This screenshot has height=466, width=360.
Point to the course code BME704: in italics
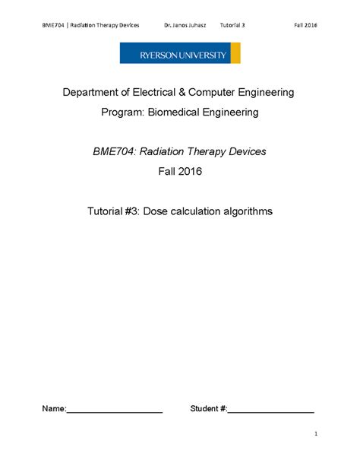pyautogui.click(x=115, y=151)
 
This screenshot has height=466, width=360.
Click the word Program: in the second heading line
pyautogui.click(x=125, y=113)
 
